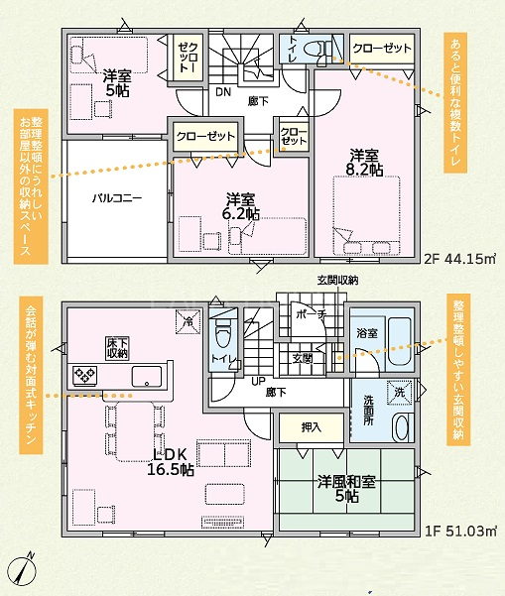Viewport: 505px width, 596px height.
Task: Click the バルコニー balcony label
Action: coord(117,198)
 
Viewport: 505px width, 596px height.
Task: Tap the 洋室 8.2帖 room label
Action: coord(364,163)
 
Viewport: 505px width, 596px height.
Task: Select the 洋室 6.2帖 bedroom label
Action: coord(241,206)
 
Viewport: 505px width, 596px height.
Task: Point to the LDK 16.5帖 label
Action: coord(171,462)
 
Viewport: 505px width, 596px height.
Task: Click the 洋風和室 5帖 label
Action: coord(346,489)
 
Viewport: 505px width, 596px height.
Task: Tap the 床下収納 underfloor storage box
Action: coord(117,348)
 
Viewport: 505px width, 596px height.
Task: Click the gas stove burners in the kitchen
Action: coord(84,376)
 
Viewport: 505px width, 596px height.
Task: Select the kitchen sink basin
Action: coord(147,376)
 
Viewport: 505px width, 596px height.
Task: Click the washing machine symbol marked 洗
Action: coord(399,393)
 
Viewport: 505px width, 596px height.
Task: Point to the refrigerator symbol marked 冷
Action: coord(188,322)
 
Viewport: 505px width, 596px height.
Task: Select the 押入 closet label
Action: coord(312,427)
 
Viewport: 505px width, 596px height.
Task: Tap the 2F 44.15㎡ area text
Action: coord(459,259)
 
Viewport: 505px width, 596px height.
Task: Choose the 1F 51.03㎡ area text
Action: coord(460,531)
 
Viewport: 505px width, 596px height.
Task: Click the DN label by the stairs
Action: coord(223,92)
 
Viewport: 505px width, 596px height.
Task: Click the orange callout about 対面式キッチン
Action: coord(31,375)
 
